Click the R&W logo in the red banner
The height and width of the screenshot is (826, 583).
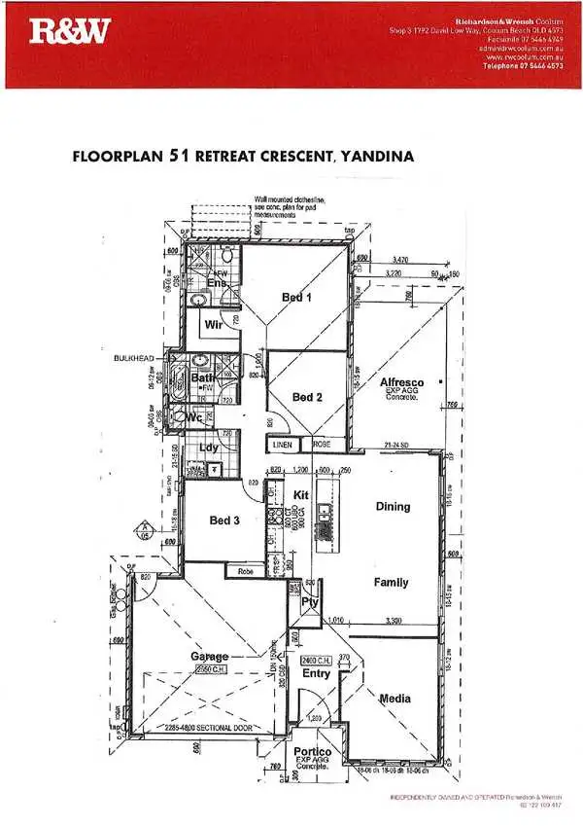[68, 32]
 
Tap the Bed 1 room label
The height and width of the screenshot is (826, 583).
[297, 298]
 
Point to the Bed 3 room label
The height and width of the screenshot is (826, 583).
[224, 521]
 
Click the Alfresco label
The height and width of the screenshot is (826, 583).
[401, 384]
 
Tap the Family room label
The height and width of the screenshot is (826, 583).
[392, 583]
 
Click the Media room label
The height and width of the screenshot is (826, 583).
[394, 699]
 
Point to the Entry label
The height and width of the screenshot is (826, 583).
[316, 673]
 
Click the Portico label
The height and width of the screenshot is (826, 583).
[314, 752]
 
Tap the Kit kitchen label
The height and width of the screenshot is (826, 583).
[300, 496]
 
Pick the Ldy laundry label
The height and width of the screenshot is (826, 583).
[208, 449]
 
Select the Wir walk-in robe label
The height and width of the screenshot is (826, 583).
[214, 326]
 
